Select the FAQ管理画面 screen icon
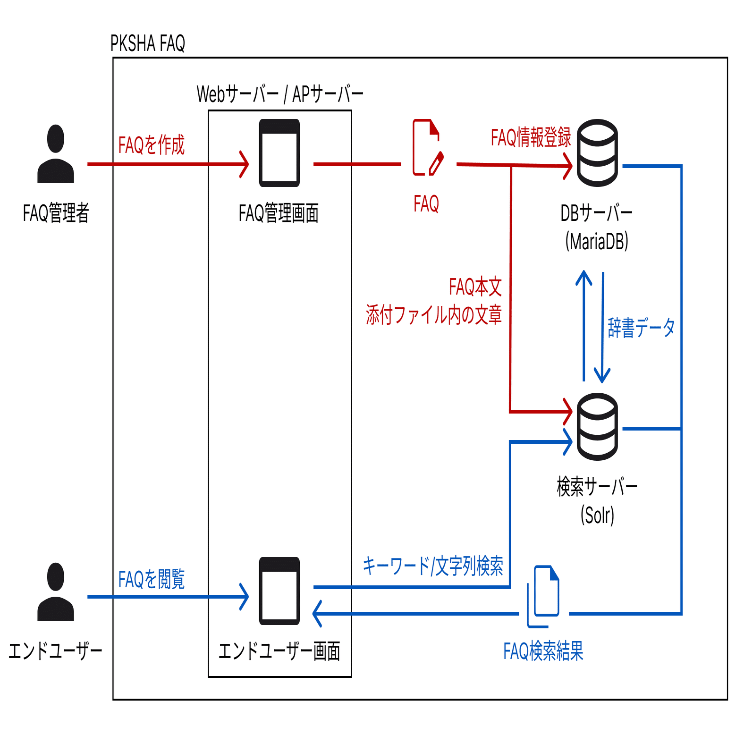279,153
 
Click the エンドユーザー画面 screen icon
279,591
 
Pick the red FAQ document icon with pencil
428,148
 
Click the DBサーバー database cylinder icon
597,153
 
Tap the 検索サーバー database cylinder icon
597,427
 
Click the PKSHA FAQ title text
147,43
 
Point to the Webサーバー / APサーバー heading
280,94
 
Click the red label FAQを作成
151,145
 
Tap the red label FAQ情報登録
531,137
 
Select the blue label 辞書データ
641,328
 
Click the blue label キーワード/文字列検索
432,566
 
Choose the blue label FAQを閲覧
151,579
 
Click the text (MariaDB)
597,241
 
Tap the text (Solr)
597,515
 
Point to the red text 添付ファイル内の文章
433,315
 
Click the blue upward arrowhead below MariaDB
584,277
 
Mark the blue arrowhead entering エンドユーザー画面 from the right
318,613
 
